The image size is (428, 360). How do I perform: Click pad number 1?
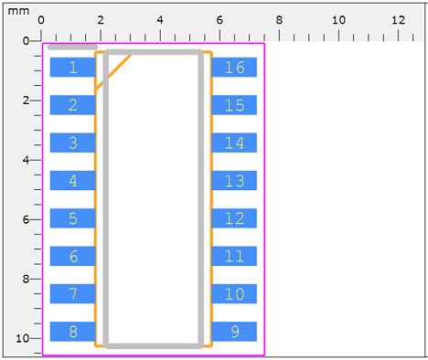[72, 68]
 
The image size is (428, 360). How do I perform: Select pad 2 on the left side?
[72, 105]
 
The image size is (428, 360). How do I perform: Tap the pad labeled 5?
[72, 218]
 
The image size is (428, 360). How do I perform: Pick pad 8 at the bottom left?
[72, 332]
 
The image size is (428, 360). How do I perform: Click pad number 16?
[234, 68]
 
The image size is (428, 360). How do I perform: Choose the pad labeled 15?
[234, 105]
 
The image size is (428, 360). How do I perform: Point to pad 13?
[234, 181]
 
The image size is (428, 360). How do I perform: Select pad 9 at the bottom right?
[234, 332]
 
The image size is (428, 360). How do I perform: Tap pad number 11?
[234, 256]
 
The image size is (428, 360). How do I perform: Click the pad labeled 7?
[72, 294]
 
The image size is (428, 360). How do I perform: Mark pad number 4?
[72, 181]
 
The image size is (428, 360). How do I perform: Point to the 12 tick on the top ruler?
[398, 20]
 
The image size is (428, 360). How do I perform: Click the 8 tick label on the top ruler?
[279, 20]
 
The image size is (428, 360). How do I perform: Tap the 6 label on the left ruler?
[26, 220]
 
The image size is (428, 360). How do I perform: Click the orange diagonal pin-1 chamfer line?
[113, 72]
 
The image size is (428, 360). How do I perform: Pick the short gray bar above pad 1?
[72, 47]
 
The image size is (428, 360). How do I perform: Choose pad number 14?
[234, 143]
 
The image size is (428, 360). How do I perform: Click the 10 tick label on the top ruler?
[338, 20]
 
